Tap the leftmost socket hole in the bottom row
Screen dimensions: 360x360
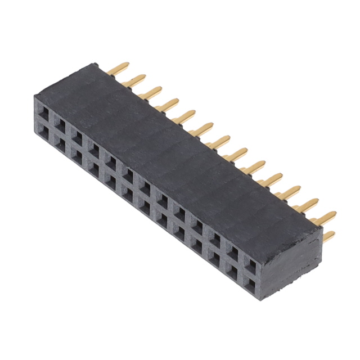tap(44, 133)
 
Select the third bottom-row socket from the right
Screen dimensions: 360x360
tap(217, 253)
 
